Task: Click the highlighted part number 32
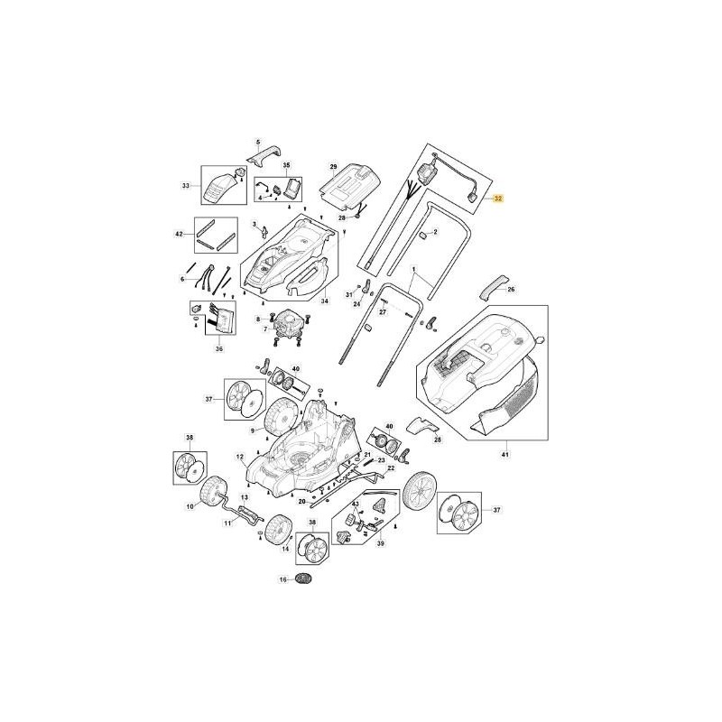[498, 198]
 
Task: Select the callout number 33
[186, 186]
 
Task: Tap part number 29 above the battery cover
[332, 168]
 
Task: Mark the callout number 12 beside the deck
[241, 458]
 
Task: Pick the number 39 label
[379, 544]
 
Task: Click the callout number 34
[326, 300]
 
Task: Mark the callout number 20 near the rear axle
[302, 501]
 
